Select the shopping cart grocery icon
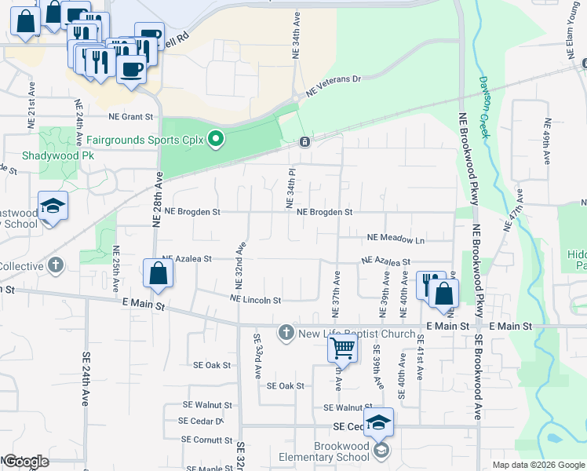click(x=343, y=348)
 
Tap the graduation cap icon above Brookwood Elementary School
click(x=378, y=422)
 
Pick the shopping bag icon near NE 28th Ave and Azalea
click(x=158, y=274)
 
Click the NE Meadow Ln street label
click(x=396, y=240)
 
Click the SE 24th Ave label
click(x=86, y=378)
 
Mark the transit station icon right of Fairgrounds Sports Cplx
click(x=304, y=142)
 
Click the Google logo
click(x=26, y=462)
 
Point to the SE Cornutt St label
click(x=208, y=440)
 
